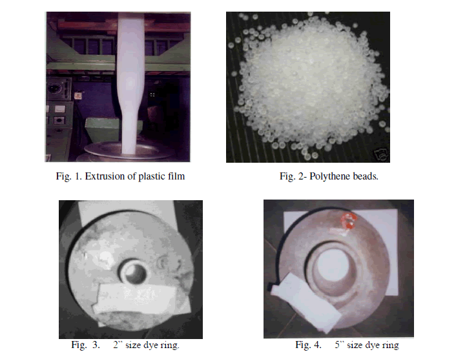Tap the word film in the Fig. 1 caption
[175, 176]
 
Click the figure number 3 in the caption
[96, 345]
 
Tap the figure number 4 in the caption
[317, 345]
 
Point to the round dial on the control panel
[55, 87]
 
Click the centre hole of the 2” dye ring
[134, 273]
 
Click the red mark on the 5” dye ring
[349, 220]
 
